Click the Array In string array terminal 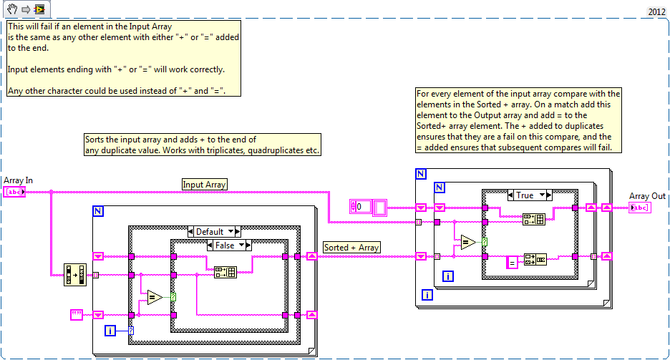[14, 192]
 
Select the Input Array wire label [205, 185]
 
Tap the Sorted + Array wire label [351, 248]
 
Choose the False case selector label [228, 245]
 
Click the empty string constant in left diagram [77, 314]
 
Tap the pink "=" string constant [513, 263]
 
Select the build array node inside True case [534, 219]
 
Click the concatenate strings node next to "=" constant [535, 258]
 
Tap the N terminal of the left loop [99, 210]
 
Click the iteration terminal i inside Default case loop [110, 330]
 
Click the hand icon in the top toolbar [11, 9]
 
